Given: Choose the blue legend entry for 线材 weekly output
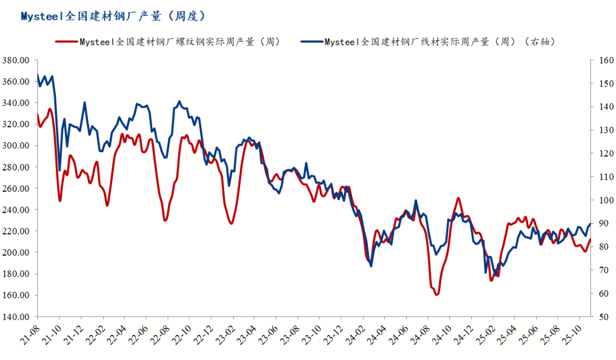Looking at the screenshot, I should [x=428, y=42].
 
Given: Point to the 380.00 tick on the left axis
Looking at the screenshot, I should [x=16, y=60].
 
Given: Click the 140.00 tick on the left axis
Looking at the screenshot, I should [x=16, y=317].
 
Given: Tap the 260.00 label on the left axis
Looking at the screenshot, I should [x=16, y=188].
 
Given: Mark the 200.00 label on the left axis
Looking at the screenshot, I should [x=16, y=252].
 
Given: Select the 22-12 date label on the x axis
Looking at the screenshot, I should [x=206, y=334].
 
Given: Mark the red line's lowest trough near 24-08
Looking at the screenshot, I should [x=436, y=294].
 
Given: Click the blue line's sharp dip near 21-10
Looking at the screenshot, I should [x=60, y=170].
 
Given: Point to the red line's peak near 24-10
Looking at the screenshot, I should [x=458, y=198].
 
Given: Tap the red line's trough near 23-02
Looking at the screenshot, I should [x=231, y=223].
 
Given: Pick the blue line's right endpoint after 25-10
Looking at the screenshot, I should [x=590, y=224].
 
